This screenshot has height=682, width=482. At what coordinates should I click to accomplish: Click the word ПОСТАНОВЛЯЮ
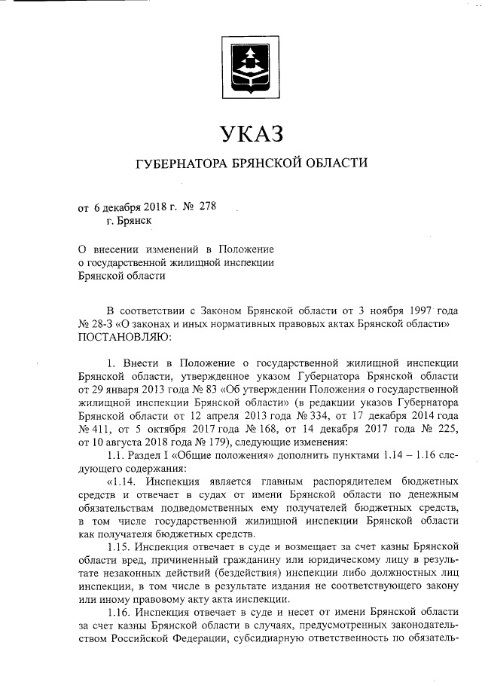[x=125, y=336]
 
